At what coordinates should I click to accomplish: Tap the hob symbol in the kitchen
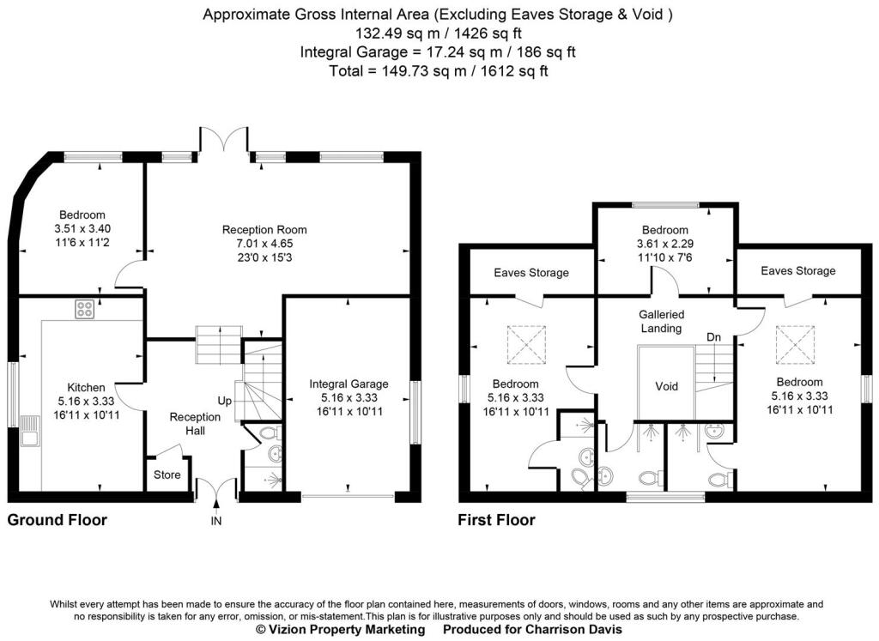pos(85,309)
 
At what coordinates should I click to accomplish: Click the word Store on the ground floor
pos(167,475)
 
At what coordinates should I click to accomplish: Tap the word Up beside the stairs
pos(225,402)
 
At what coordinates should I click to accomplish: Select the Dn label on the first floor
pos(713,337)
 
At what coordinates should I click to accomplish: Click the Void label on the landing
pos(666,386)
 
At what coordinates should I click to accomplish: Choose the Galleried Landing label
pos(662,322)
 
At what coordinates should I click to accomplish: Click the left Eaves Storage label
pos(531,273)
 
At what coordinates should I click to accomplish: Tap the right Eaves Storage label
pos(798,271)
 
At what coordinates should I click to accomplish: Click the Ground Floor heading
pos(58,520)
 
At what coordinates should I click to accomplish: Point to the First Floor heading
pos(497,520)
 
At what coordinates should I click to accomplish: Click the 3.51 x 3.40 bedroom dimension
pos(82,228)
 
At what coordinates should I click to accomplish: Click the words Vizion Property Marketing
pos(347,629)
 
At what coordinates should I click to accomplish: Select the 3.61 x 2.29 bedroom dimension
pos(665,245)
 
